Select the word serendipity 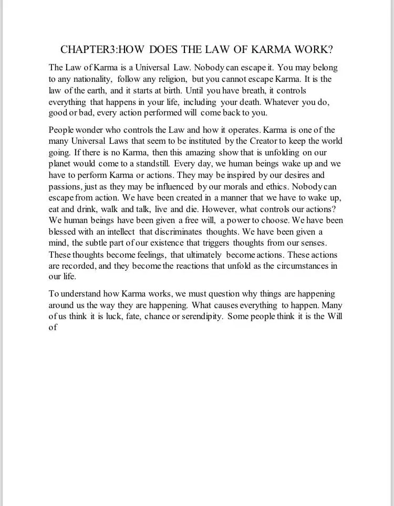[x=199, y=317]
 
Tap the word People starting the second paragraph [x=63, y=130]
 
